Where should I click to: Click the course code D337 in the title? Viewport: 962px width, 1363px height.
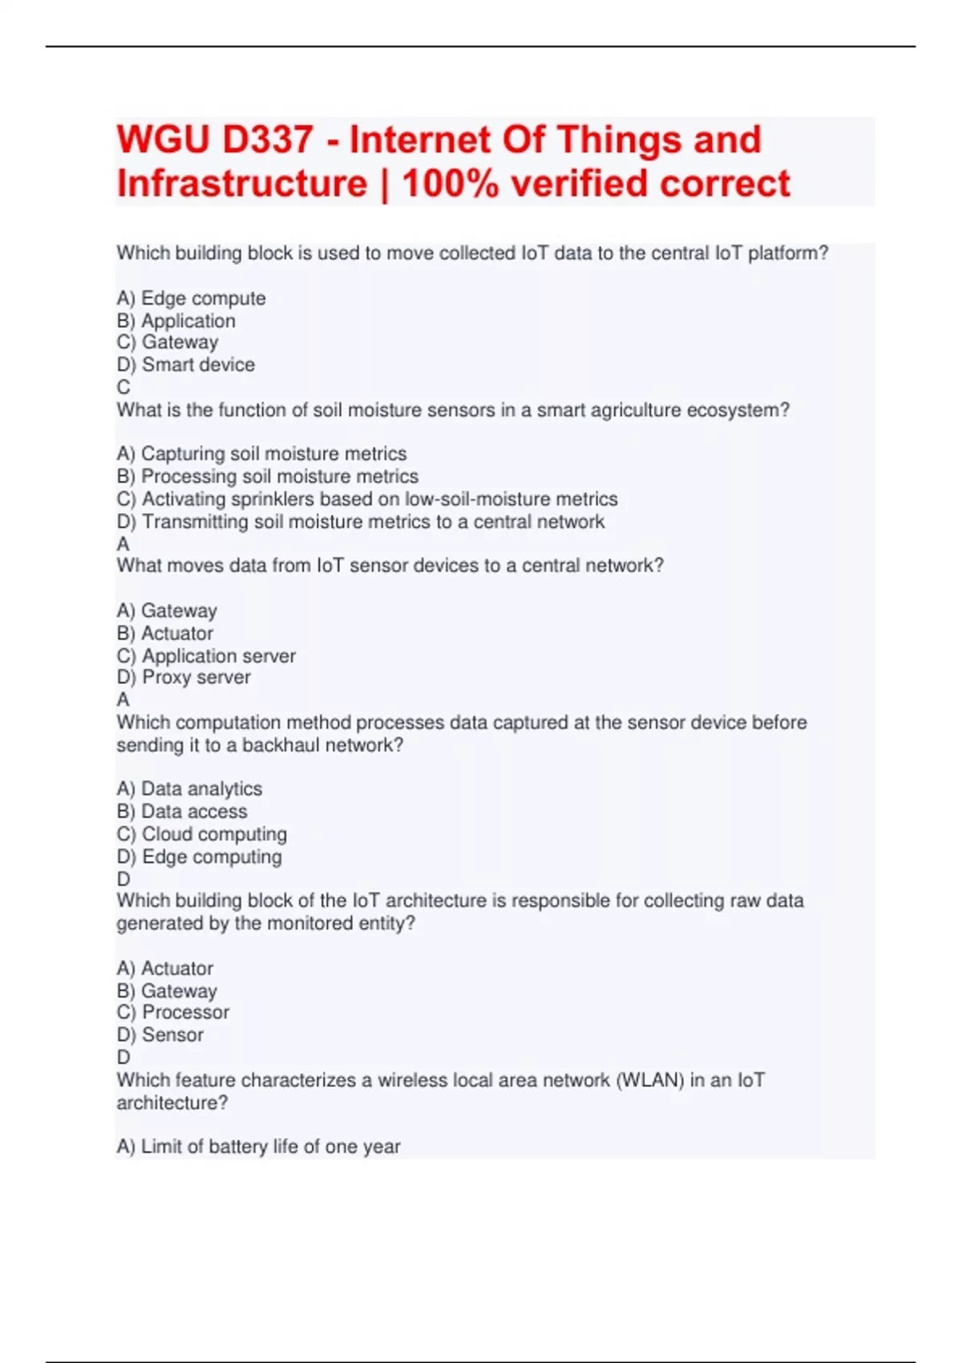(268, 140)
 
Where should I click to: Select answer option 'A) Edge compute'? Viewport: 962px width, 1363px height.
(191, 298)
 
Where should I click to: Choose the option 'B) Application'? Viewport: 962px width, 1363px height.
(176, 321)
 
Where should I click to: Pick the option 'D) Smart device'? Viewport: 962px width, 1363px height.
(186, 365)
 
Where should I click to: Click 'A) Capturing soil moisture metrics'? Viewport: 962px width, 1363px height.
(261, 454)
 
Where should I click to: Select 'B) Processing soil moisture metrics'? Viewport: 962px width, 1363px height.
(268, 476)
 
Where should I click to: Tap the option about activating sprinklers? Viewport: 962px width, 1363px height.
(367, 499)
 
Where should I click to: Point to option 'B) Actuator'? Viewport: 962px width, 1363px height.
(165, 633)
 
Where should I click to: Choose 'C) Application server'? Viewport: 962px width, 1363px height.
(206, 656)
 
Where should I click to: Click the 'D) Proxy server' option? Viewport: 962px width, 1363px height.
(184, 677)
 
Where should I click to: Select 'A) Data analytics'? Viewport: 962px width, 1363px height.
(189, 789)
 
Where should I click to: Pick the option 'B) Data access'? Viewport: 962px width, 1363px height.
(182, 811)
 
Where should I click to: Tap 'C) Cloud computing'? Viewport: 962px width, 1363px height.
(202, 834)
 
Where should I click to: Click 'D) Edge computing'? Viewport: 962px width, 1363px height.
(199, 856)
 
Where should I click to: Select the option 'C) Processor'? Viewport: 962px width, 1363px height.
(173, 1013)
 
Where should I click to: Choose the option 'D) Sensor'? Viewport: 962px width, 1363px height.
(160, 1035)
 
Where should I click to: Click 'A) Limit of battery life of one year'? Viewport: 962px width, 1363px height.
(258, 1147)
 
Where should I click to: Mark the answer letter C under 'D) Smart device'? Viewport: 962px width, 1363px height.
(123, 387)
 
